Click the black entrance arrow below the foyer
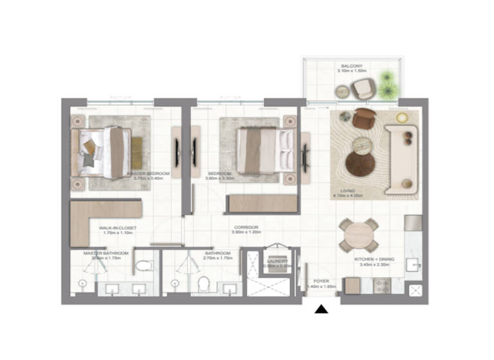coord(321,309)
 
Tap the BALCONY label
coord(352,66)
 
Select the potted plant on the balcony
coord(387,85)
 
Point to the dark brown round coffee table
coord(360,163)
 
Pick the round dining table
coord(359,236)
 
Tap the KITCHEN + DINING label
coord(374,259)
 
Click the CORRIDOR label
coord(246,228)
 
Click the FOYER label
coord(322,282)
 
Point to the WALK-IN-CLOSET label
coord(116,228)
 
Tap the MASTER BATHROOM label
coord(106,253)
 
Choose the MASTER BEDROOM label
coord(149,174)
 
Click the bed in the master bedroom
coord(103,152)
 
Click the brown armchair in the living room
coord(365,118)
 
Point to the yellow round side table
coord(402,118)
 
